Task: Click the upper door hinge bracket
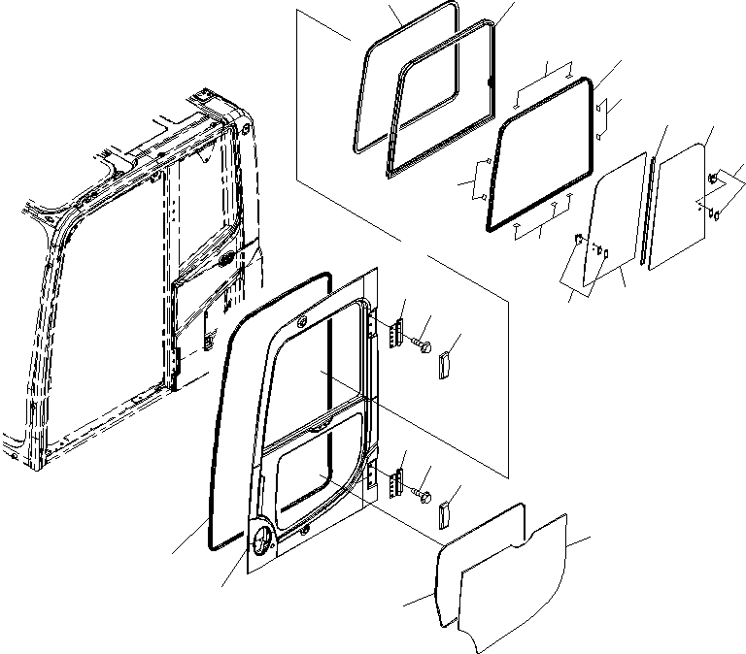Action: click(x=396, y=332)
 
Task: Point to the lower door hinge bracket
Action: click(x=396, y=482)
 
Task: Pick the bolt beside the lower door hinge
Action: click(x=423, y=494)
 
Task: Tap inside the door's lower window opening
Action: click(x=311, y=475)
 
